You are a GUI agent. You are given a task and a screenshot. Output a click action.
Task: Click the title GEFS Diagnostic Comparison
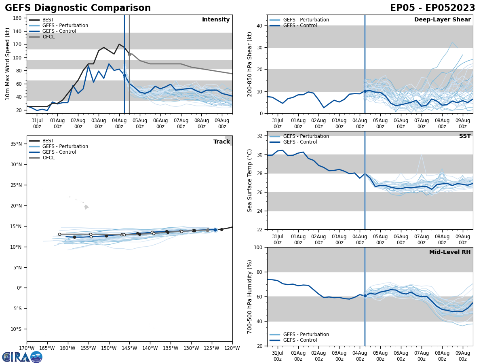78,8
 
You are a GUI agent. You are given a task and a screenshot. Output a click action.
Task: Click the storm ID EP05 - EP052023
432,8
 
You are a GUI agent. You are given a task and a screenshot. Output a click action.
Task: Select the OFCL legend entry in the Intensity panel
48,37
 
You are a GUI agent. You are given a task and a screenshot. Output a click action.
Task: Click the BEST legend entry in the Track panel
48,141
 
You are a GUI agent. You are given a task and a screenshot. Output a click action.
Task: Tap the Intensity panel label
215,20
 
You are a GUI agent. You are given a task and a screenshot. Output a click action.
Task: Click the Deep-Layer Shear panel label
442,20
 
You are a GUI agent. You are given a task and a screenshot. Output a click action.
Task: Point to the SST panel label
464,136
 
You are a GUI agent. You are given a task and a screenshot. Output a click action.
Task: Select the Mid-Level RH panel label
449,252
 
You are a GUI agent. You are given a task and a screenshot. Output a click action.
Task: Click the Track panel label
221,142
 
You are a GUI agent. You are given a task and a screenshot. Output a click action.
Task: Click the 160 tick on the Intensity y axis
18,18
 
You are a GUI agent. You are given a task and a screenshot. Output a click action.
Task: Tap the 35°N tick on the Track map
16,144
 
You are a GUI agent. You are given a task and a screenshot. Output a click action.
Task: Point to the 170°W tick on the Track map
27,348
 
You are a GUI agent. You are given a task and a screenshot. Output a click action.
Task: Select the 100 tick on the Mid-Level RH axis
257,248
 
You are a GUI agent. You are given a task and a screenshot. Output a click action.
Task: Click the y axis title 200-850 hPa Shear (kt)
250,64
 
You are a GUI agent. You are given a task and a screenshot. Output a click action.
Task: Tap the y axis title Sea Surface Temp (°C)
250,180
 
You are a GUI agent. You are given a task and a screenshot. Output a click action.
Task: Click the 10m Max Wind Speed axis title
8,64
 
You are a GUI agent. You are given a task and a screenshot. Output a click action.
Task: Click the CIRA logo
22,357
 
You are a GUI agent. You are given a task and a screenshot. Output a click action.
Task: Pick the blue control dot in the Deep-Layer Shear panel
365,91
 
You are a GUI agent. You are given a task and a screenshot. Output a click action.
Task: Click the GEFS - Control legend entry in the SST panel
300,142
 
